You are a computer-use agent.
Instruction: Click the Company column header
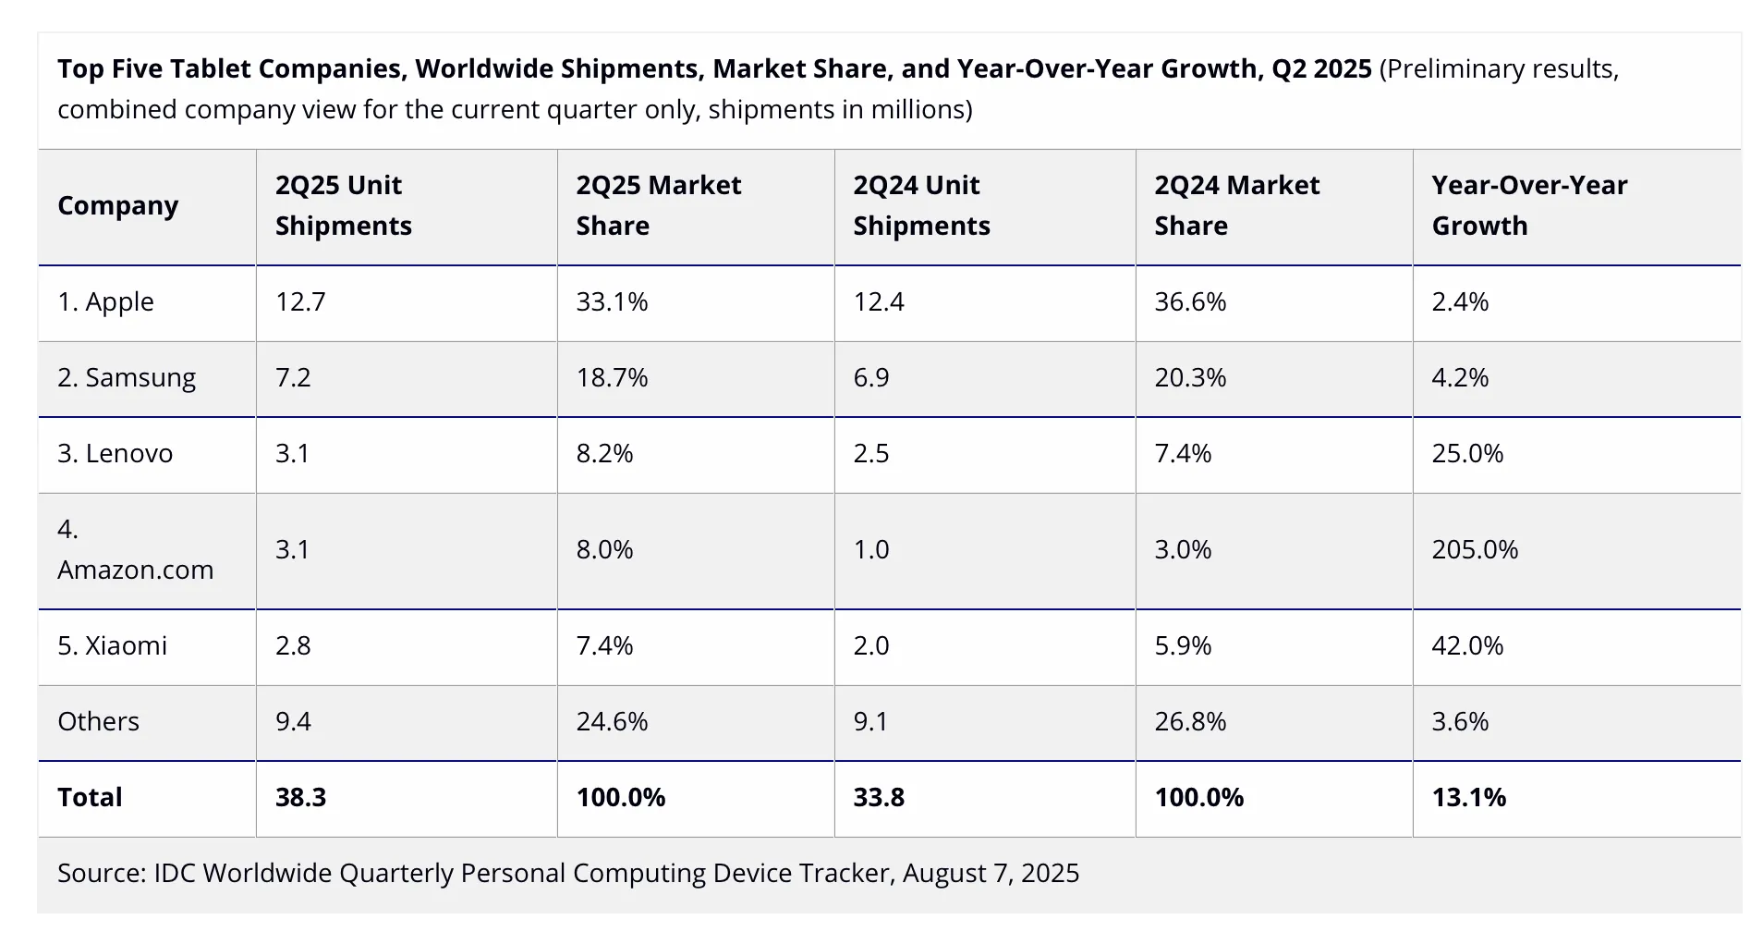[x=117, y=205]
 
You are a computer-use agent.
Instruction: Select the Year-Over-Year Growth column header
[x=1528, y=205]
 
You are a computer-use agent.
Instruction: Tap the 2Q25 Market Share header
[x=658, y=205]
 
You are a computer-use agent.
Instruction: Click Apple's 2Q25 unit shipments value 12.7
[x=300, y=302]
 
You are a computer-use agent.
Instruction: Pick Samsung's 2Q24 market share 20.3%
[x=1189, y=378]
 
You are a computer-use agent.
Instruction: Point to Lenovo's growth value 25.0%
[x=1466, y=454]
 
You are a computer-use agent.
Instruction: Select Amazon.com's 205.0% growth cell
[x=1474, y=550]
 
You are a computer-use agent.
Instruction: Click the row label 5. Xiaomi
[x=112, y=645]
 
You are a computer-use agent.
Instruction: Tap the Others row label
[x=98, y=721]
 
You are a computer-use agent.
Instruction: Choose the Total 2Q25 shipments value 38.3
[x=300, y=797]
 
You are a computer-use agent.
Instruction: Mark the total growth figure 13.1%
[x=1468, y=797]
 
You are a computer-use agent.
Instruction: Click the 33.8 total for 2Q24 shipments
[x=878, y=797]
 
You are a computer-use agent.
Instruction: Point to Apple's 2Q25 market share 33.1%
[x=612, y=302]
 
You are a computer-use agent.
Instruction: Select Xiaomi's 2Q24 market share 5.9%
[x=1182, y=645]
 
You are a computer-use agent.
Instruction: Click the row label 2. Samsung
[x=127, y=378]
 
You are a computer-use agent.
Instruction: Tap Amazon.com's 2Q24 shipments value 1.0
[x=870, y=550]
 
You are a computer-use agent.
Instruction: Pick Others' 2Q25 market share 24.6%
[x=612, y=721]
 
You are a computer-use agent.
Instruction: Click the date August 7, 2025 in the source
[x=991, y=873]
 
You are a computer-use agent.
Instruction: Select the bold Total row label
[x=90, y=797]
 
